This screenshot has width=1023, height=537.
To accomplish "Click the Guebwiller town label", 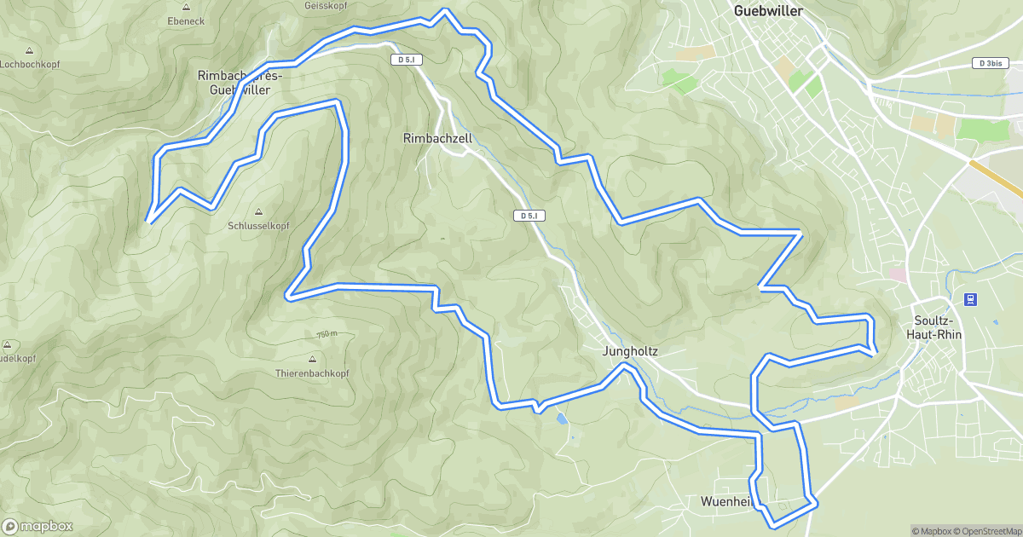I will click(x=770, y=11).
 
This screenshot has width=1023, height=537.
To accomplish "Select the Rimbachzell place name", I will click(x=437, y=137).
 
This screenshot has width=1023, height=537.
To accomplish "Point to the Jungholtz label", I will click(x=630, y=350).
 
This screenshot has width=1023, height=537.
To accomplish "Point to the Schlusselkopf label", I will click(x=259, y=226).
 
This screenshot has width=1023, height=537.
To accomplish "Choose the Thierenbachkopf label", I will click(x=312, y=373).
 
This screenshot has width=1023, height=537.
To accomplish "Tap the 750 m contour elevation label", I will click(x=327, y=334).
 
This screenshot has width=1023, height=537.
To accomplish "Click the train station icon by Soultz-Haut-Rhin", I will click(x=968, y=299).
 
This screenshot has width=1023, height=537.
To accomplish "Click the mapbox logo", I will click(x=38, y=526).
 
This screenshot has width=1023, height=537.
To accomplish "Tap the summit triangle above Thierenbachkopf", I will click(x=312, y=359).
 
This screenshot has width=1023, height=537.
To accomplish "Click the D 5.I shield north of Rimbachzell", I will click(x=404, y=60).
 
